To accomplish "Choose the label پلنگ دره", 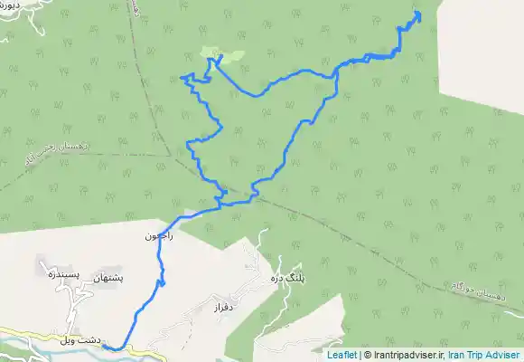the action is coord(283,279).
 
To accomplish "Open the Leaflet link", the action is coord(342,356).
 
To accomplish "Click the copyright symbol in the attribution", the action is coord(367,356).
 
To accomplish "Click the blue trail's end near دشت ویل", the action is coord(104,347).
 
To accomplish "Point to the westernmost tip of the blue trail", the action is coord(182,78).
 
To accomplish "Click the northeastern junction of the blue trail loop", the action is coord(336,72).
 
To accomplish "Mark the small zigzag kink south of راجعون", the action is coord(163,284).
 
